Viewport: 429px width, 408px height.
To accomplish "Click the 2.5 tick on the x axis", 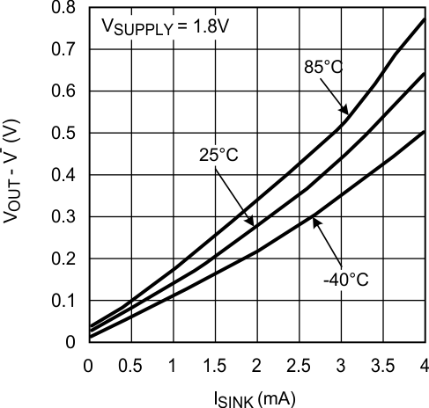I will [x=300, y=364].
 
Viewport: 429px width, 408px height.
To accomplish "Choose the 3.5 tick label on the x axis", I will [x=383, y=364].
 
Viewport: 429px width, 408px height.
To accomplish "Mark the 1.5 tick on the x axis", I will [x=215, y=364].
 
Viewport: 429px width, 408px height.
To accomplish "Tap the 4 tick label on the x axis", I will [x=425, y=364].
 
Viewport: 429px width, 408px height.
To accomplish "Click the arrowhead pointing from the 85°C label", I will [x=346, y=114].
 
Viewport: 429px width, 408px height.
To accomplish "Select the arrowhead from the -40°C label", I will [x=315, y=218].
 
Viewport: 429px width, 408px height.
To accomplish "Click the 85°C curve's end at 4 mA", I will [x=425, y=18].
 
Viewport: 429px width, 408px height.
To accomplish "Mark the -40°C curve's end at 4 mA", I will [x=425, y=131].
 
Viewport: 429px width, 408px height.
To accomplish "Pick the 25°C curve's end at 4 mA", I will [x=425, y=74].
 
